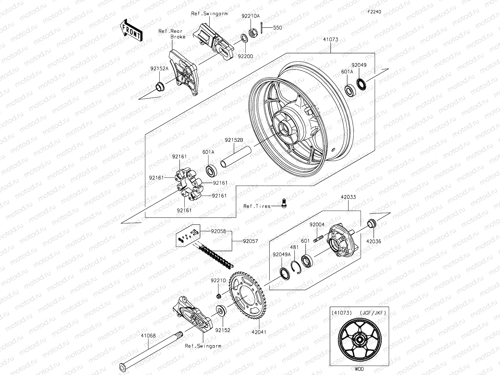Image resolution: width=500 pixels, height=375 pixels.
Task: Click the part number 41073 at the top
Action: pos(331,40)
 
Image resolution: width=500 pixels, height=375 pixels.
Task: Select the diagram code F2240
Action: pos(374,12)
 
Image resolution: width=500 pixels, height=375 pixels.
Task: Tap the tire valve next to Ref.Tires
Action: pos(284,203)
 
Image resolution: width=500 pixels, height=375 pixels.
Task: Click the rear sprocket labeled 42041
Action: pos(247,295)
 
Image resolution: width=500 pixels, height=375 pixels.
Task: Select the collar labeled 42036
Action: pos(372,223)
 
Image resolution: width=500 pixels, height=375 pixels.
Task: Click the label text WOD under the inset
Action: pos(359,369)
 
